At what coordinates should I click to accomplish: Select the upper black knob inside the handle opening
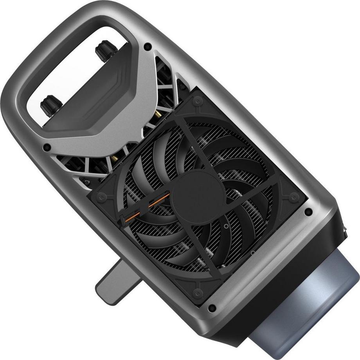(106, 50)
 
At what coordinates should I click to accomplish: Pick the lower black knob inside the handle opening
(51, 105)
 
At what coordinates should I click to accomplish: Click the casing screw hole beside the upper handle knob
(148, 47)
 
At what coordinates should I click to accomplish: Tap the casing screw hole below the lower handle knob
(47, 148)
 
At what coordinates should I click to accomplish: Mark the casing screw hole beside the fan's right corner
(308, 212)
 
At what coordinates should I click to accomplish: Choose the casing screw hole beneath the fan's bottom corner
(212, 308)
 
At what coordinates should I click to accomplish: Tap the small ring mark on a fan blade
(226, 226)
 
